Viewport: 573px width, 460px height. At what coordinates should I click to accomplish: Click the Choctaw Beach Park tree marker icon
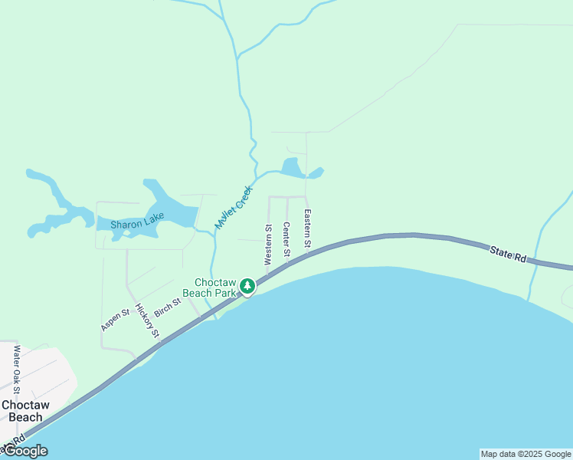coord(247,286)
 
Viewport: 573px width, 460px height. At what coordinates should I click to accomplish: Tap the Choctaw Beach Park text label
coord(215,287)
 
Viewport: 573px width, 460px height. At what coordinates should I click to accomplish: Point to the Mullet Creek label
coord(233,207)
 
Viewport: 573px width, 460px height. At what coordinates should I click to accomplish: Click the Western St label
coord(269,245)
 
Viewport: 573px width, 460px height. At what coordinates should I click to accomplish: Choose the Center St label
coord(286,239)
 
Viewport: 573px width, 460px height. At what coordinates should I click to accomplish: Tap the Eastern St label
coord(306,228)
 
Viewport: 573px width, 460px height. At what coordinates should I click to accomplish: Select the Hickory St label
coord(146,320)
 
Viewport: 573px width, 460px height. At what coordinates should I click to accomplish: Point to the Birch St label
coord(167,307)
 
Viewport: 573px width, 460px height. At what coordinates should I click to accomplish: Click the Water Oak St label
coord(17,370)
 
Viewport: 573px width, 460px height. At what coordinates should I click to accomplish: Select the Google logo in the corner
coord(25,451)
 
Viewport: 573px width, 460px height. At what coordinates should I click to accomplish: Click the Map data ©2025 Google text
coord(526,454)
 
